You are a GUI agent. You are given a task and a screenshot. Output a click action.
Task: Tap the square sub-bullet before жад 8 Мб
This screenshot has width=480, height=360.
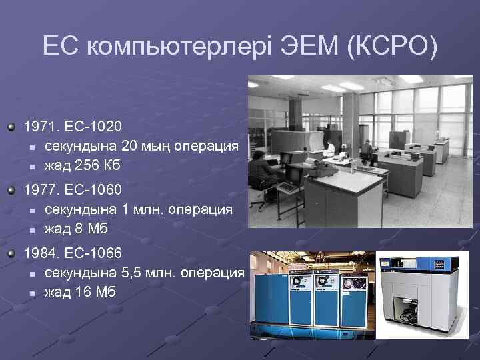pyautogui.click(x=31, y=230)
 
